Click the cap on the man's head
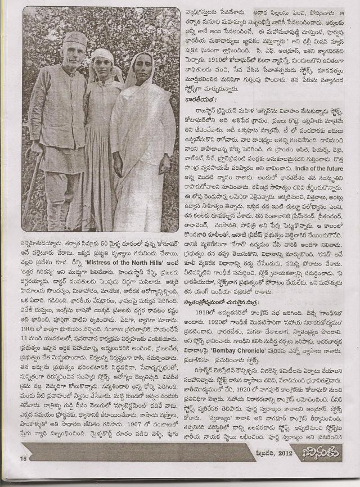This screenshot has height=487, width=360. tap(74, 38)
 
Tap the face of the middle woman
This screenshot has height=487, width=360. tap(103, 62)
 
